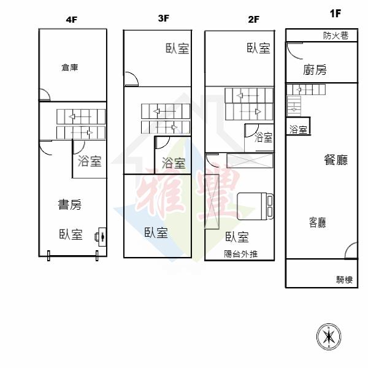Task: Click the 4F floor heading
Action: click(x=72, y=20)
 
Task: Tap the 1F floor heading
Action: click(x=335, y=13)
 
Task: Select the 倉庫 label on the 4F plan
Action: click(x=70, y=67)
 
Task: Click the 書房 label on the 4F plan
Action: click(x=70, y=204)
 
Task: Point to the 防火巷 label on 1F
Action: click(x=335, y=36)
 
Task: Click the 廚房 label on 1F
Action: click(x=315, y=70)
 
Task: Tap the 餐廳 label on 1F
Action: click(x=336, y=160)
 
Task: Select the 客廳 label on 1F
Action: click(x=318, y=223)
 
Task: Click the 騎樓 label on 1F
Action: click(x=344, y=280)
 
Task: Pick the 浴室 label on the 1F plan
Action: click(x=298, y=129)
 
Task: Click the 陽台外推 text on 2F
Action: click(x=241, y=254)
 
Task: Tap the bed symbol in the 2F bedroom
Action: click(x=255, y=206)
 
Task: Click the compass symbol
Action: click(x=329, y=337)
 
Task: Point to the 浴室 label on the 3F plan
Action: click(x=174, y=163)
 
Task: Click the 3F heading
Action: click(x=164, y=18)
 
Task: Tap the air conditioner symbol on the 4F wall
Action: click(x=101, y=237)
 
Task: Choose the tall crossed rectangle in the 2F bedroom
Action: click(x=212, y=202)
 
